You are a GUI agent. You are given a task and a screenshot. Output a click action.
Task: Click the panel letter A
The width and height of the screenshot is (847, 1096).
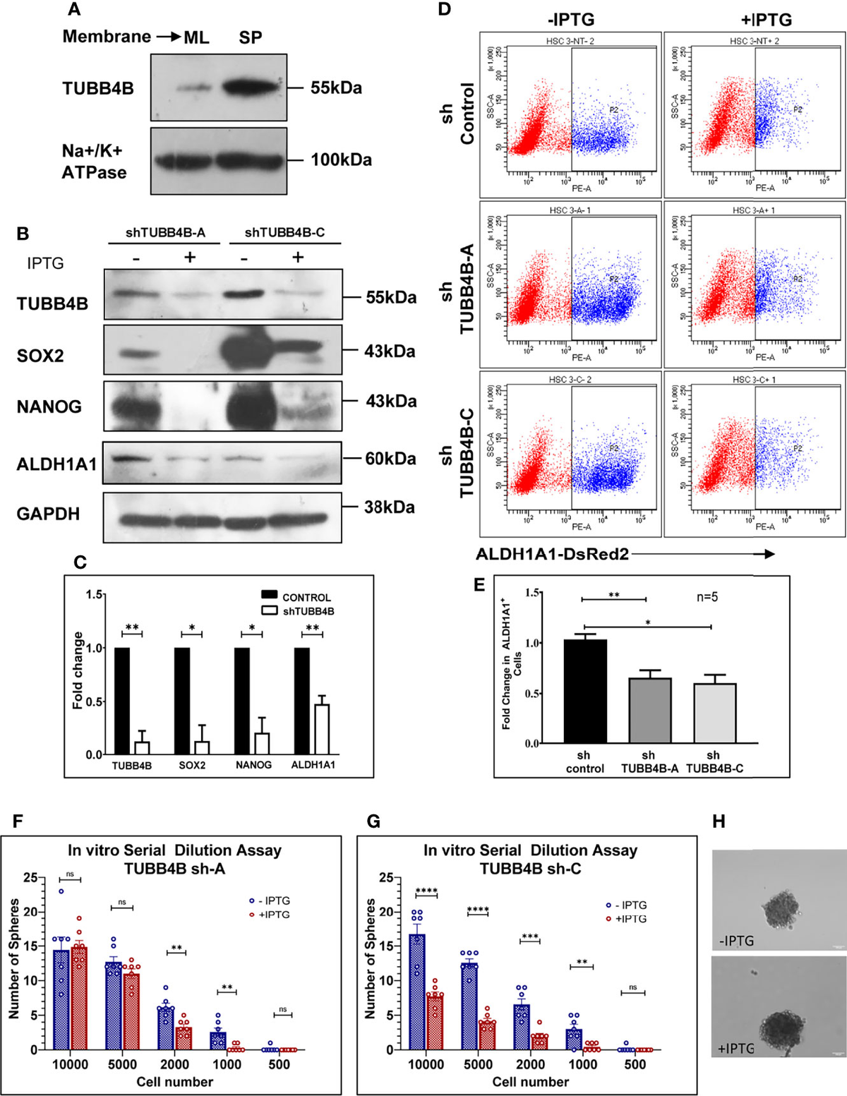point(73,9)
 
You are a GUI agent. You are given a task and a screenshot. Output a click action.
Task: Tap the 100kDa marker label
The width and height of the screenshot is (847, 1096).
point(341,160)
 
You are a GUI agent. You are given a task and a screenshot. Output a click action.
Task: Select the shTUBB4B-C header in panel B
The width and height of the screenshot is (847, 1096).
point(284,232)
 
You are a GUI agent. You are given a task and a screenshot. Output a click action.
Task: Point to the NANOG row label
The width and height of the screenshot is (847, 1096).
point(49,407)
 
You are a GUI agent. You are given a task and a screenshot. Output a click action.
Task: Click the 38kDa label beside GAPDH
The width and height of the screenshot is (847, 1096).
point(389,507)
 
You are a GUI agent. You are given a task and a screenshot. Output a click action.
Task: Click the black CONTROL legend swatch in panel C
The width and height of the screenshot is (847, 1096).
point(269,597)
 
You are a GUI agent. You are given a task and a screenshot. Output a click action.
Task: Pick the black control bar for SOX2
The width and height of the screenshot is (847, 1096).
point(182,701)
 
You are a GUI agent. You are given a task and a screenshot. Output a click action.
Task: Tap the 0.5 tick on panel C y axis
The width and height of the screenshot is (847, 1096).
point(92,701)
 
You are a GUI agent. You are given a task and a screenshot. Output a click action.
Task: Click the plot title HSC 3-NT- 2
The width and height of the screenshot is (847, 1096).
point(570,41)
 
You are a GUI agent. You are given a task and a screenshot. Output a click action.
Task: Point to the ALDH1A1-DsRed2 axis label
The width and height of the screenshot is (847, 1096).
point(552,554)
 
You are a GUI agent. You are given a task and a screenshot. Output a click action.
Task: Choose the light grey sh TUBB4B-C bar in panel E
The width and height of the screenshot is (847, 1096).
point(715,713)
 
